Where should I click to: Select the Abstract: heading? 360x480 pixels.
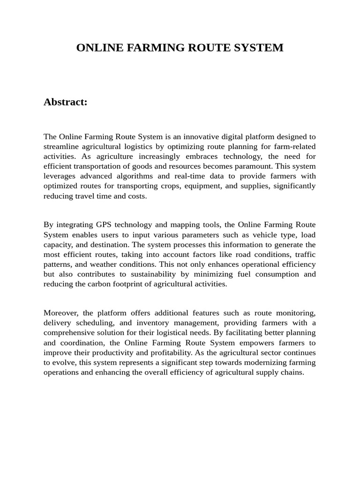[x=66, y=102]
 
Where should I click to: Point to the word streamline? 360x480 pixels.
[x=60, y=147]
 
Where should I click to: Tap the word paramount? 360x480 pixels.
[x=254, y=166]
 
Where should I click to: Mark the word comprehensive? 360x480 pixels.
[x=69, y=333]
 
